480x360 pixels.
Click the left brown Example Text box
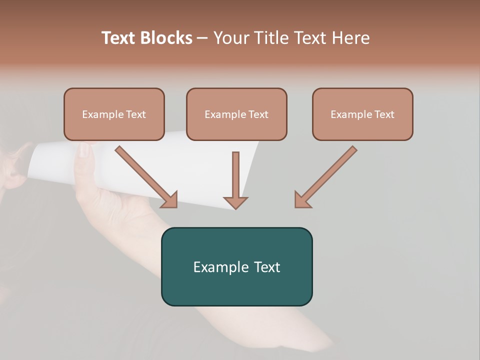click(114, 114)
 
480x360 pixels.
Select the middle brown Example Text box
click(236, 114)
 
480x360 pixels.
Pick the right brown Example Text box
click(362, 114)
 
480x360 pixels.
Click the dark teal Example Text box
click(236, 266)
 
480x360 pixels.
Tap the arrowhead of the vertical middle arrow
click(235, 202)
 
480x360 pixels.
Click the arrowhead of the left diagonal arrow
click(170, 200)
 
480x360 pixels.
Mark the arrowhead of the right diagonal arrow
click(302, 200)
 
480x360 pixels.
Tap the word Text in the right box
click(384, 114)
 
